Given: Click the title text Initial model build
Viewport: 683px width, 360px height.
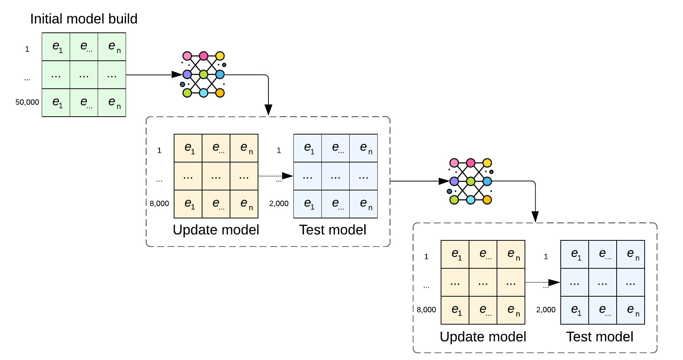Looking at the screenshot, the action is (x=84, y=19).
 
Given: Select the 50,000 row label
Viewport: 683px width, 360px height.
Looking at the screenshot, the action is (x=27, y=102).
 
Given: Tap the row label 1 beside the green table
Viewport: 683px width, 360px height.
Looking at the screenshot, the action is (x=27, y=49).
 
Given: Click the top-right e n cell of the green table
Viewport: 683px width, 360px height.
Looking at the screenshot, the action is (x=112, y=47).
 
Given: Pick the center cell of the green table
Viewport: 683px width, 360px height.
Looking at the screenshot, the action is (x=84, y=75).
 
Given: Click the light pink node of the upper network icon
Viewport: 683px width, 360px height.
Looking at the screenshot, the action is (x=187, y=56).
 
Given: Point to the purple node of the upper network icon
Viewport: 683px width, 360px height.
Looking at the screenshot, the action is (x=187, y=75).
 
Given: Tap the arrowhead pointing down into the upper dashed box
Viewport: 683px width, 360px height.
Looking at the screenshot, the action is (x=268, y=110).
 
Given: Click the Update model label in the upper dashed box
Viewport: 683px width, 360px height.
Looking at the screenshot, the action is (x=216, y=230).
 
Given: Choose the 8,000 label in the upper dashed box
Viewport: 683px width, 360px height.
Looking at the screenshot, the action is (x=159, y=203).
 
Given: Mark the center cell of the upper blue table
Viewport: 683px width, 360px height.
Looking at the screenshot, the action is (x=336, y=176).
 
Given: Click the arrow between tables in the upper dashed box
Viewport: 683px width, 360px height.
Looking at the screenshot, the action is (x=276, y=176).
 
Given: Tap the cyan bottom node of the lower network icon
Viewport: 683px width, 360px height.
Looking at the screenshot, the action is (x=471, y=200).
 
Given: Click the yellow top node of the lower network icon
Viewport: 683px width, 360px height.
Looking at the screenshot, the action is (x=487, y=163).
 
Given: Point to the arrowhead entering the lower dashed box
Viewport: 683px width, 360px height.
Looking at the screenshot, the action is (x=535, y=217).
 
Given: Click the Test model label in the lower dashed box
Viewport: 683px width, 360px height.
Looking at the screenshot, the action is (x=599, y=337).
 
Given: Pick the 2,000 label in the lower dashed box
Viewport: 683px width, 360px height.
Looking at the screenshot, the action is (x=546, y=310).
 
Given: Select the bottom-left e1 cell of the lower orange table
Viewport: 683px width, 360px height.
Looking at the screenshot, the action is (x=455, y=310).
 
